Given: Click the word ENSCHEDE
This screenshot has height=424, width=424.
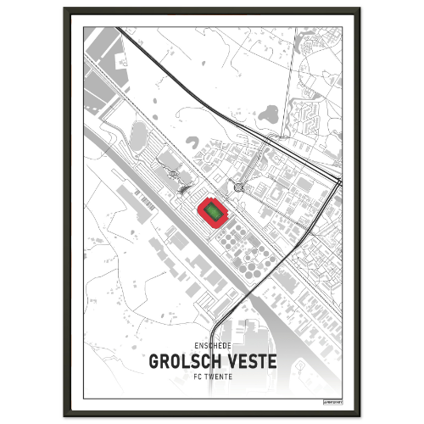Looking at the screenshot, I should [213, 346].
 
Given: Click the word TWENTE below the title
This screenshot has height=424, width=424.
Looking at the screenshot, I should [218, 376].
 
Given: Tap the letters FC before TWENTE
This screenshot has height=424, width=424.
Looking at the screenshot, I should [198, 376].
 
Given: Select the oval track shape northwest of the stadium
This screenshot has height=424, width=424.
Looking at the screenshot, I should [137, 136].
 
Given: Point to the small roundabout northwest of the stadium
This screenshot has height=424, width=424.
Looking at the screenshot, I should [173, 174].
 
